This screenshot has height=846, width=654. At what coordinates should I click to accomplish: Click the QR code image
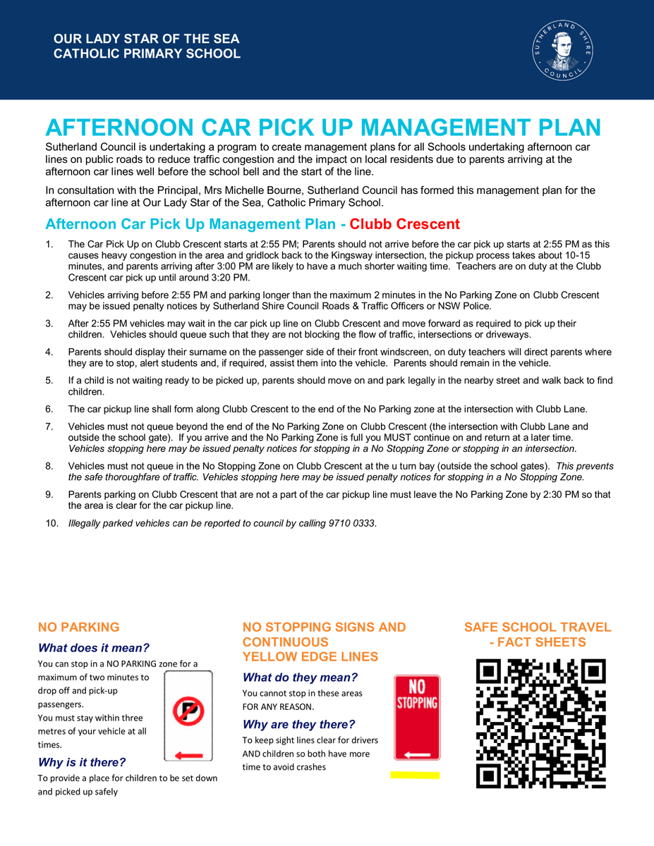pos(541,723)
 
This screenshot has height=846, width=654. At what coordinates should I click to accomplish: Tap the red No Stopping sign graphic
pos(417,718)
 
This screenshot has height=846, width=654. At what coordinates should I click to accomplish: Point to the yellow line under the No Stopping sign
pos(415,775)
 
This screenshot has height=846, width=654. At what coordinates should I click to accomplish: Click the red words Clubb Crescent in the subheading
pos(404,224)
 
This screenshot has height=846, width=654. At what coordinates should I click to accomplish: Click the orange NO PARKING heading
pos(78,627)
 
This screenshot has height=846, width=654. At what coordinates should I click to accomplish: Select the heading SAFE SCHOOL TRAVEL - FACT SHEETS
pos(538,634)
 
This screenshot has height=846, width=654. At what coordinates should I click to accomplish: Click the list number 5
pos(49,381)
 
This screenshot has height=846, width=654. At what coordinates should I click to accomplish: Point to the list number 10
pos(52,522)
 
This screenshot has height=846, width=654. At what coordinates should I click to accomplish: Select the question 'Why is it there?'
pos(82,762)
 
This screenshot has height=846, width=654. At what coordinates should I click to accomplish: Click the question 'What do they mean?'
pos(300,678)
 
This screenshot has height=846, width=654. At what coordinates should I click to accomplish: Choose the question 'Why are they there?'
pos(298,724)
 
